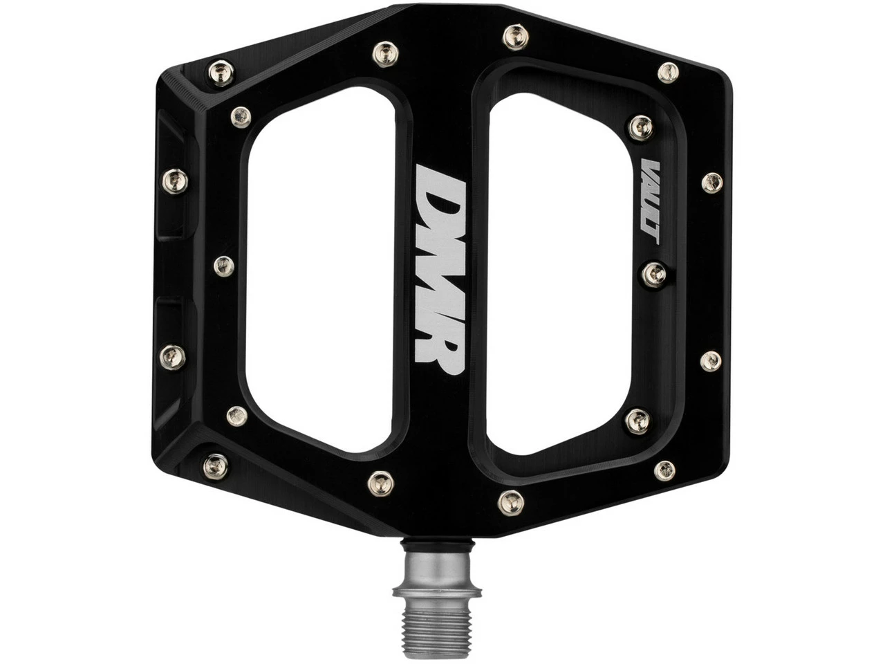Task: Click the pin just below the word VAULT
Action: (654, 275)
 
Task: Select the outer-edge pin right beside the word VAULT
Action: (711, 182)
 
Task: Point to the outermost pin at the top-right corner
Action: (668, 71)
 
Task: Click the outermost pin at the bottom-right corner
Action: (664, 470)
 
